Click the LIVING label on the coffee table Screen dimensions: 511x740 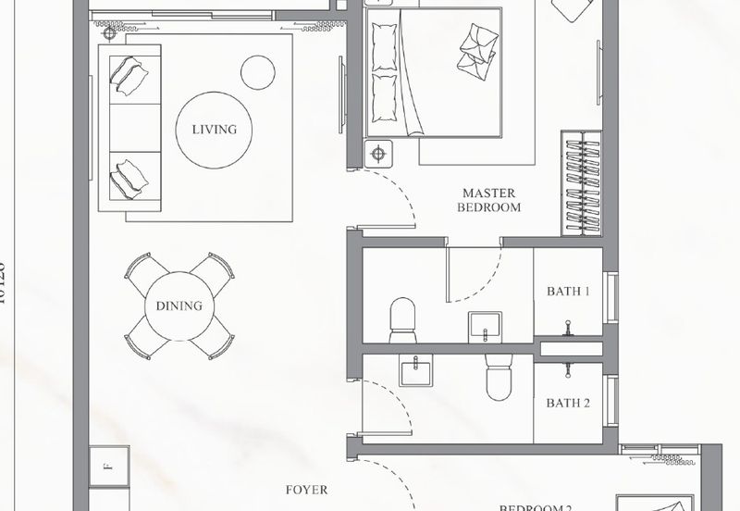pyautogui.click(x=214, y=130)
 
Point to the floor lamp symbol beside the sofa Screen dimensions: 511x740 pyautogui.click(x=110, y=33)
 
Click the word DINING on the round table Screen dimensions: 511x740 pyautogui.click(x=179, y=306)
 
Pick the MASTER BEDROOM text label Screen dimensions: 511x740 pyautogui.click(x=489, y=201)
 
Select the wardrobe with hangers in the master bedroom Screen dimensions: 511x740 pyautogui.click(x=581, y=183)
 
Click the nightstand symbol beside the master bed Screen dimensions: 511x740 pyautogui.click(x=377, y=153)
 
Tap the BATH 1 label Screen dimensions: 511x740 pyautogui.click(x=567, y=292)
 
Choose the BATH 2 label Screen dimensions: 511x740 pyautogui.click(x=567, y=404)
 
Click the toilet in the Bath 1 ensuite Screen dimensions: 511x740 pyautogui.click(x=403, y=319)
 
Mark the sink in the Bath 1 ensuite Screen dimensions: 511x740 pyautogui.click(x=484, y=325)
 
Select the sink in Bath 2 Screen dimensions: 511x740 pyautogui.click(x=416, y=371)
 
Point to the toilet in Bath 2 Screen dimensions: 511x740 pyautogui.click(x=499, y=380)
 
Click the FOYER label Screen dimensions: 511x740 pyautogui.click(x=306, y=490)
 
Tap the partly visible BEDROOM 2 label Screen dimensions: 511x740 pyautogui.click(x=536, y=507)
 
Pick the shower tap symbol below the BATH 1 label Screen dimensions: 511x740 pyautogui.click(x=567, y=325)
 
